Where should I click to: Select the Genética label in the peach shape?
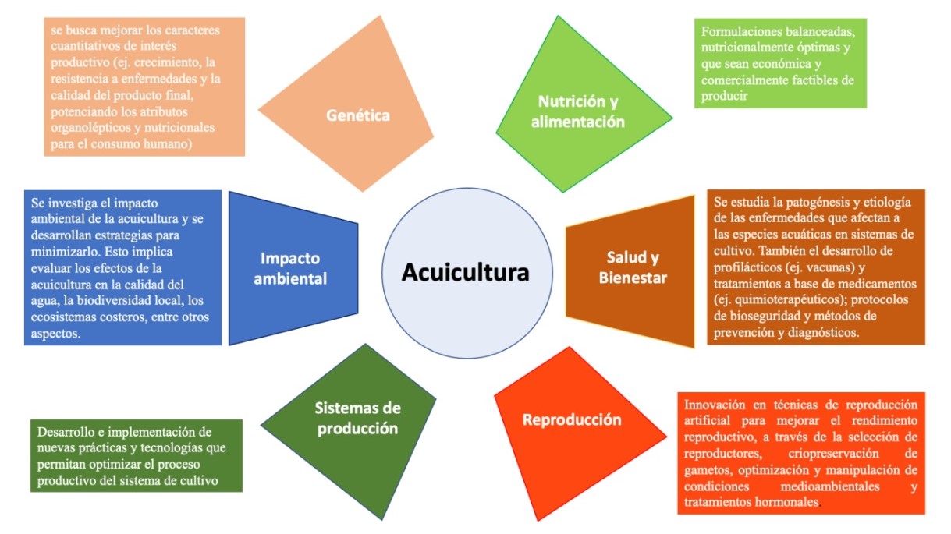pyautogui.click(x=358, y=116)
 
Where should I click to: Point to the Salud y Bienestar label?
pyautogui.click(x=633, y=267)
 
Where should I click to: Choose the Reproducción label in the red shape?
pyautogui.click(x=572, y=419)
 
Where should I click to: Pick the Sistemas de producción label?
pyautogui.click(x=357, y=418)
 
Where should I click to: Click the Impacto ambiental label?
pyautogui.click(x=293, y=268)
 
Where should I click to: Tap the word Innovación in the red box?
pyautogui.click(x=716, y=405)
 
